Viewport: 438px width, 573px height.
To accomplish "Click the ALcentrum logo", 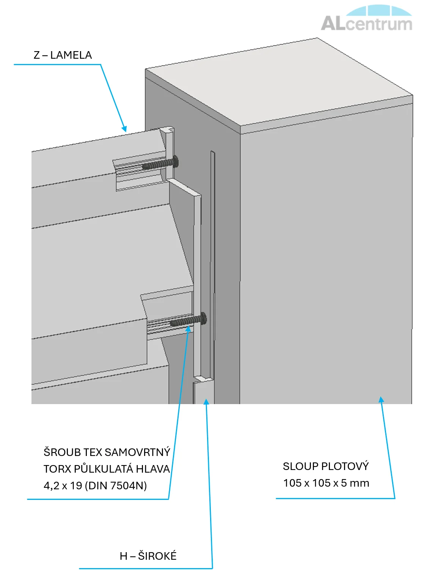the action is [x=367, y=18].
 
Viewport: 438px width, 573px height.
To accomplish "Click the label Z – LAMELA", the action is [x=63, y=55].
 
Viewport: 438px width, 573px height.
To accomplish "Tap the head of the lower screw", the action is [x=203, y=319].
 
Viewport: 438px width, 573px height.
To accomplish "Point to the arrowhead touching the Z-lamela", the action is [x=124, y=128].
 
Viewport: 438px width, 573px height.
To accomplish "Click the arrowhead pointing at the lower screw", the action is [x=188, y=328].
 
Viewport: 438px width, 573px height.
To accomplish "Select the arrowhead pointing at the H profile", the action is [x=206, y=402].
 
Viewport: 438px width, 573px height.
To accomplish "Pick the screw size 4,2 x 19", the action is [x=63, y=486].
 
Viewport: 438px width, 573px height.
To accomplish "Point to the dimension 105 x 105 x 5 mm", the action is [x=326, y=483].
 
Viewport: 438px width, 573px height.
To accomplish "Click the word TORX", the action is [x=57, y=469].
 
